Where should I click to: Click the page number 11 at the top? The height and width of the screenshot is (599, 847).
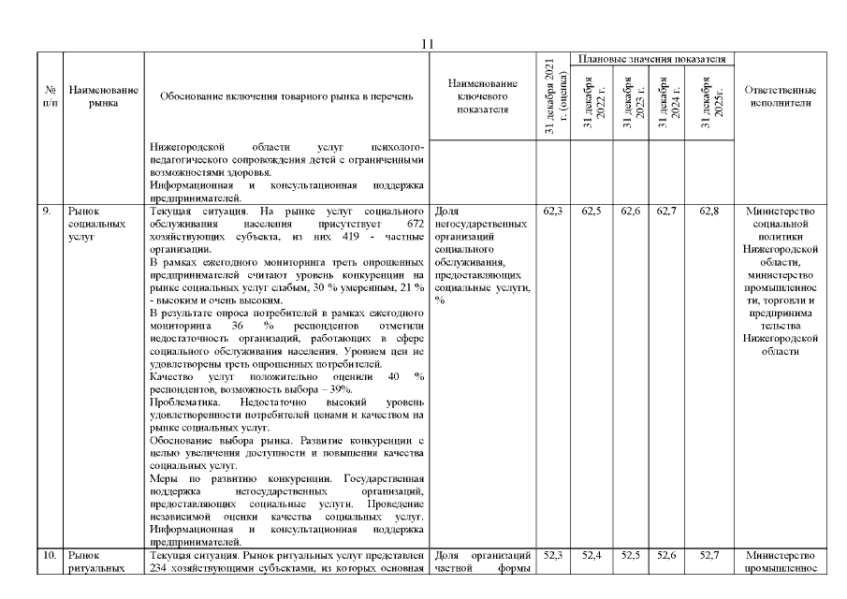(427, 43)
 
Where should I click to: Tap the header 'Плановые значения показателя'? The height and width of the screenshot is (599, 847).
(652, 59)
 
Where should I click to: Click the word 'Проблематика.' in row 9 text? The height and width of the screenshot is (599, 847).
(183, 401)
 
